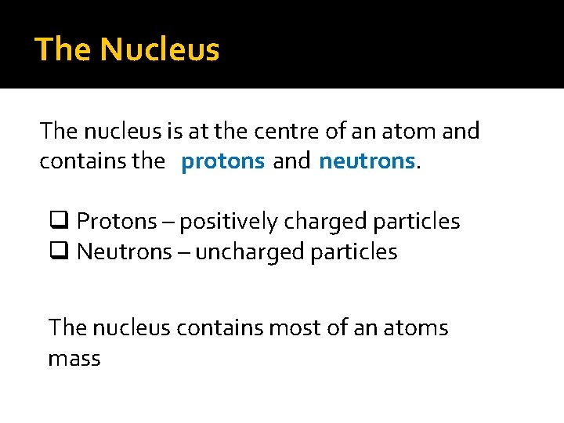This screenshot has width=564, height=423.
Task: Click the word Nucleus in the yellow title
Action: [x=160, y=49]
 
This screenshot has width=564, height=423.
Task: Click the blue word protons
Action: [x=223, y=161]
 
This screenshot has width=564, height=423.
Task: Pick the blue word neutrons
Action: [x=367, y=161]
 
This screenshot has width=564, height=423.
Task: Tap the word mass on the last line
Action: [x=74, y=359]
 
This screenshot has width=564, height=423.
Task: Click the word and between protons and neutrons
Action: [x=291, y=161]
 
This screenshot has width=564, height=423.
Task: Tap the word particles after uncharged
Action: [x=355, y=252]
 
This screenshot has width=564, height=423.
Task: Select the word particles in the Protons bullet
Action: [x=417, y=222]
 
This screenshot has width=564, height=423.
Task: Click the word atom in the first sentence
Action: [x=413, y=131]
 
